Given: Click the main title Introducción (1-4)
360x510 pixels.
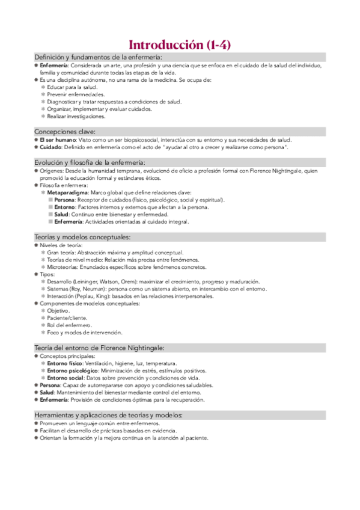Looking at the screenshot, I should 180,45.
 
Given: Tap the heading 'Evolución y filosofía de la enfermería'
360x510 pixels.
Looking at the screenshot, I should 98,162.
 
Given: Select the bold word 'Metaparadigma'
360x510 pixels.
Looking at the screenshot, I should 67,192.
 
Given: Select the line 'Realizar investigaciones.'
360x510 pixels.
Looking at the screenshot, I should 76,116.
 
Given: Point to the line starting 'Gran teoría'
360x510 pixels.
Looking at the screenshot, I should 115,253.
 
